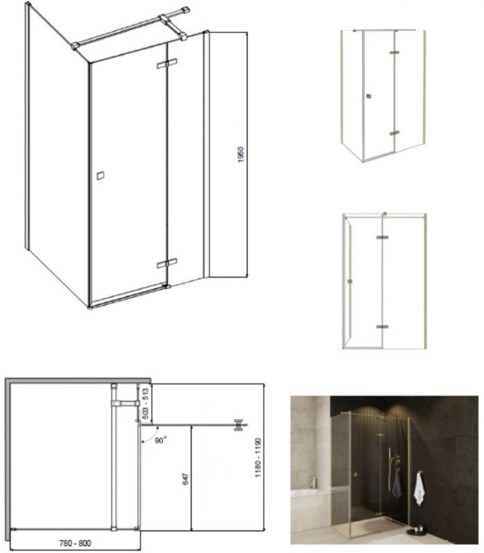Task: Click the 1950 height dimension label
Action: click(x=241, y=154)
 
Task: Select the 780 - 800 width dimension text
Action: click(x=75, y=543)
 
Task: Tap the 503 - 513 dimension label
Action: click(x=145, y=404)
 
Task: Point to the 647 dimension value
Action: click(x=186, y=479)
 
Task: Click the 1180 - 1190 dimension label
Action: click(x=258, y=458)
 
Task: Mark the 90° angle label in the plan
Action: click(x=160, y=440)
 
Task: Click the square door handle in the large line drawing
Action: click(x=100, y=176)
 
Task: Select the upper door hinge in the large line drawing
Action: click(x=167, y=64)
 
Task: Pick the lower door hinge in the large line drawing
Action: click(x=167, y=263)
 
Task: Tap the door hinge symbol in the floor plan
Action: click(x=239, y=424)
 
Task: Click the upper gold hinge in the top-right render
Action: click(x=394, y=53)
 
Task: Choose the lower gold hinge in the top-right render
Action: click(x=394, y=133)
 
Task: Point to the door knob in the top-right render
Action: click(x=369, y=96)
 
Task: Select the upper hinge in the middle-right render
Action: click(x=382, y=237)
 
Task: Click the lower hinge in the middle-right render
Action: click(x=382, y=326)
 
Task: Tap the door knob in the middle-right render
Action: click(x=350, y=281)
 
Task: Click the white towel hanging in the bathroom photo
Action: click(x=419, y=489)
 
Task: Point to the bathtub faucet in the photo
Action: click(x=313, y=482)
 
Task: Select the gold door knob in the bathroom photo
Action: click(x=355, y=474)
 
